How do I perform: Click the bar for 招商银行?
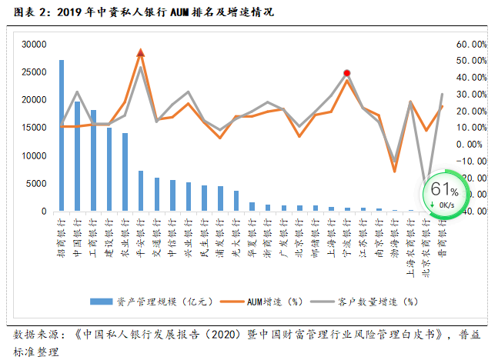pyautogui.click(x=62, y=135)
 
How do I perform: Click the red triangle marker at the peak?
pyautogui.click(x=141, y=52)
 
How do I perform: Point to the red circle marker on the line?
pyautogui.click(x=347, y=73)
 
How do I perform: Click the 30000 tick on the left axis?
pyautogui.click(x=34, y=45)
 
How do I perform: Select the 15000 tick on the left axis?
pyautogui.click(x=34, y=128)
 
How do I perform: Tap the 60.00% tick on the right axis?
pyautogui.click(x=470, y=45)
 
